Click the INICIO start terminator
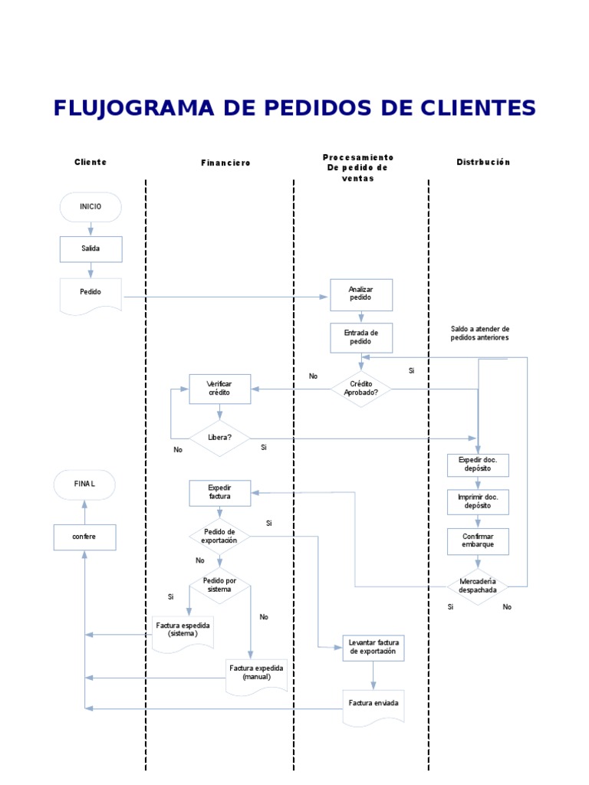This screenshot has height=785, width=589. (x=90, y=207)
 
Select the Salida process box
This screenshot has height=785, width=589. (x=90, y=248)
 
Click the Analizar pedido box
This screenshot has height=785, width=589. (x=360, y=294)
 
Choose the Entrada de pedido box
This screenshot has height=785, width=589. (x=360, y=337)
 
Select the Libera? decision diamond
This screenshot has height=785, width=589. (x=219, y=438)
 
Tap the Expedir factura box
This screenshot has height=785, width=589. (x=219, y=492)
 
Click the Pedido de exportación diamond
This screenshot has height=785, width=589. (x=219, y=536)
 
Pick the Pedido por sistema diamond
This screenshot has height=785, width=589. (x=219, y=586)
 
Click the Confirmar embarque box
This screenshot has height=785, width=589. (x=478, y=541)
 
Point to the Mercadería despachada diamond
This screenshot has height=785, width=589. (x=478, y=586)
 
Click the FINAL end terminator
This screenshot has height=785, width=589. (x=84, y=484)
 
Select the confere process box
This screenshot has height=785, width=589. (x=84, y=537)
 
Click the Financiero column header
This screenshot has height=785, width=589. (x=225, y=163)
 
